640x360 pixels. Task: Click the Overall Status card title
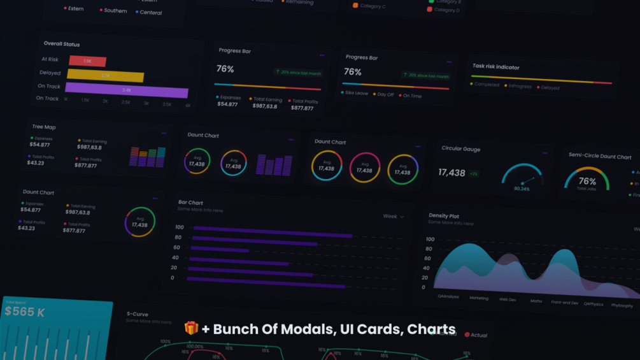tap(62, 44)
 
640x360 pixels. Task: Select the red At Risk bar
tap(87, 61)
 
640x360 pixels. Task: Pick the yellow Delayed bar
tap(105, 76)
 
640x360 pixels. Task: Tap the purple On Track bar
tap(127, 90)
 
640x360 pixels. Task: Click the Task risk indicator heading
tap(495, 66)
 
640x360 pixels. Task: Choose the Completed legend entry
tap(485, 84)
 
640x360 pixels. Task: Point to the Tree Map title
tap(44, 127)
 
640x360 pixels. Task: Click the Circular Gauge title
tap(461, 148)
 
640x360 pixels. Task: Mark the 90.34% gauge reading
tap(522, 189)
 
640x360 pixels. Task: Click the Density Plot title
tap(444, 216)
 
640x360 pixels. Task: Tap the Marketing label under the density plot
tap(479, 298)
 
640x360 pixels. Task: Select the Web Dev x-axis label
tap(508, 299)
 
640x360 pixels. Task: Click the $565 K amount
tap(25, 312)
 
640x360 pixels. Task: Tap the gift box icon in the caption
tap(191, 328)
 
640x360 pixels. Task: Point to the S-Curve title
tap(138, 314)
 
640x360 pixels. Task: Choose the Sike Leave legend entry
tap(356, 93)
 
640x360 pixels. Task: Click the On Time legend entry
tap(411, 96)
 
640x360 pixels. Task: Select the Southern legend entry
tap(115, 11)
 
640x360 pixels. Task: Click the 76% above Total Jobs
tap(587, 181)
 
